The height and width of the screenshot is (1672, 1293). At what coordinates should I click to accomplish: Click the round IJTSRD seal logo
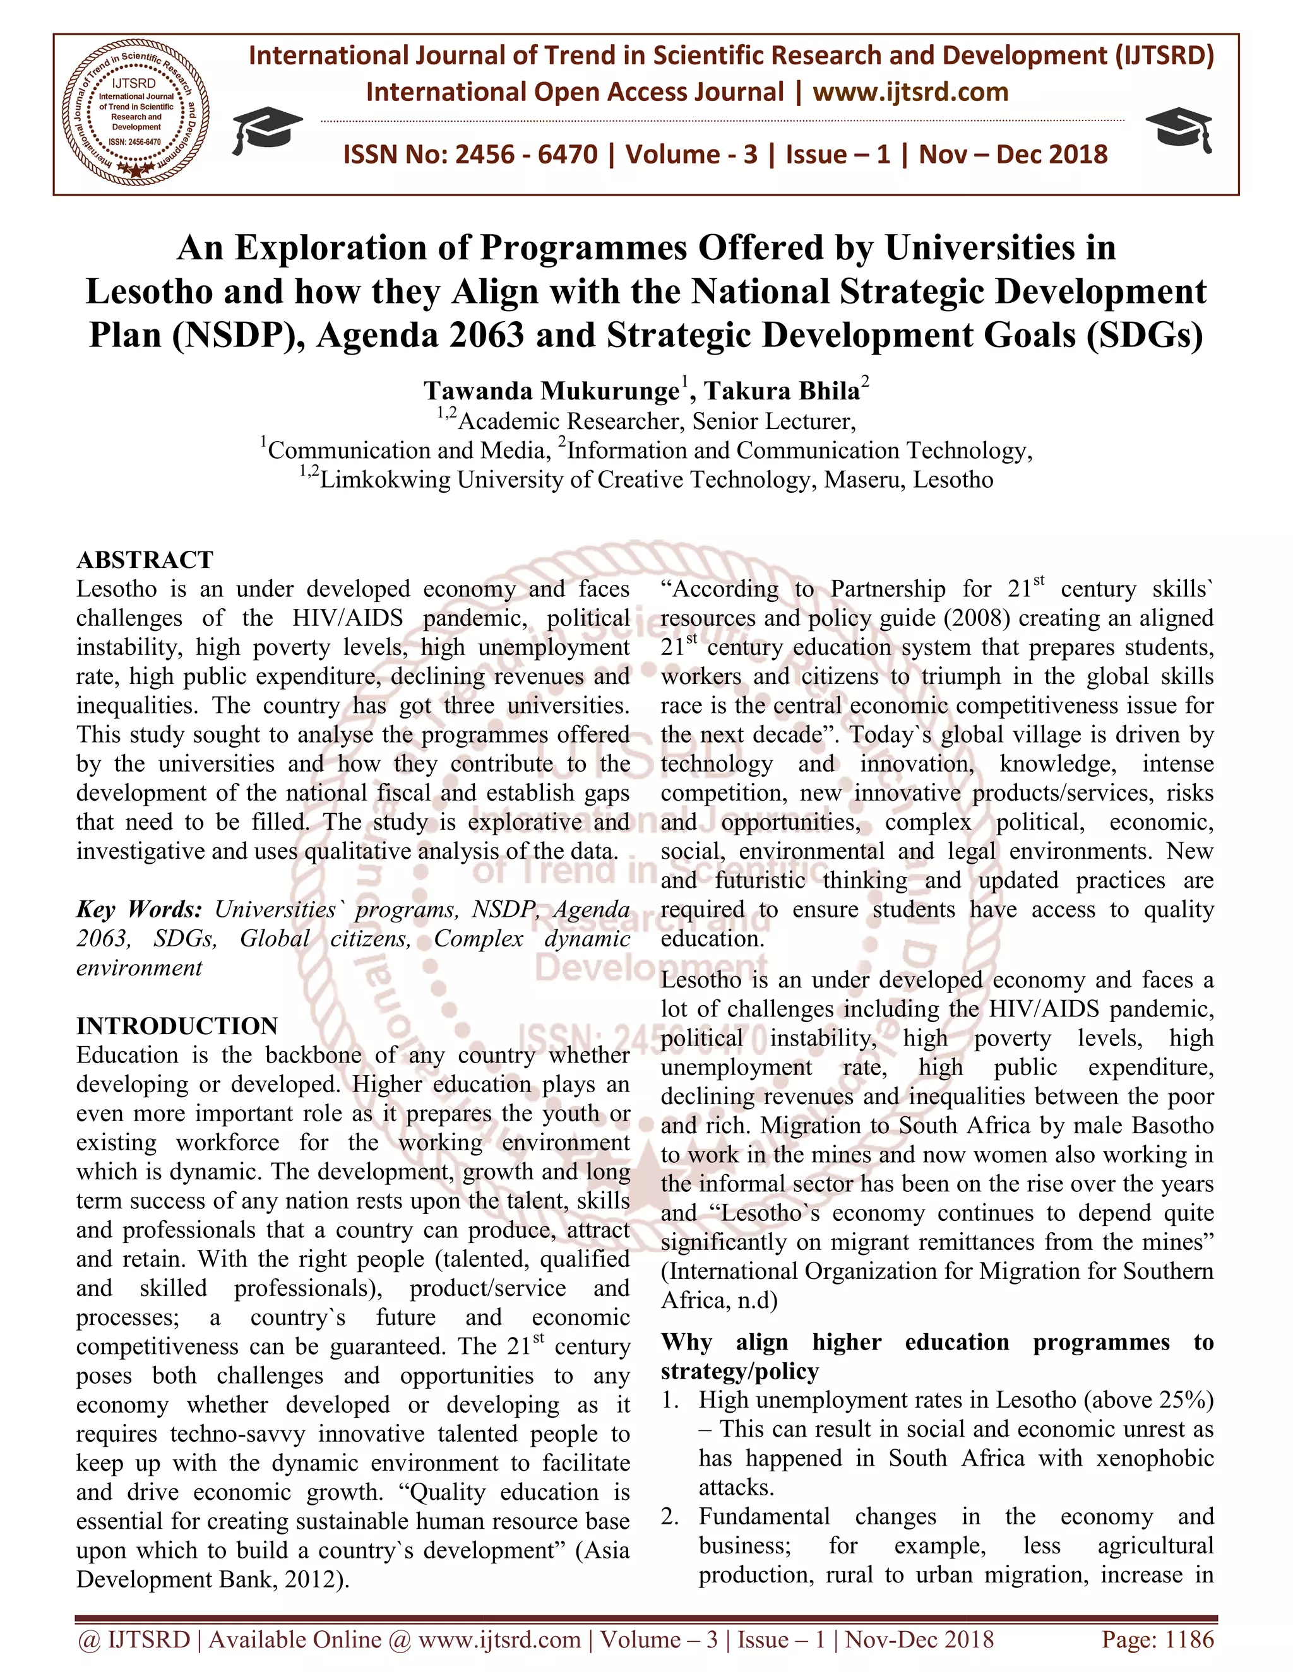tap(136, 114)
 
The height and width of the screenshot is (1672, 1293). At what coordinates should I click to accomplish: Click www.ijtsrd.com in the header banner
tap(910, 93)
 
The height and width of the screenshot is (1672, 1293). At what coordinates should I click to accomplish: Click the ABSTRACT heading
tap(145, 560)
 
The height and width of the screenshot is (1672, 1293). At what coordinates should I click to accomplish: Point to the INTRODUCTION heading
tap(177, 1026)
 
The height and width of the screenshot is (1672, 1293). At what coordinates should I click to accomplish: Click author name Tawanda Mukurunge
tap(552, 391)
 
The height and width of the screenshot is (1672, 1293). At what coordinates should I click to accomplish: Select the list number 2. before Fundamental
tap(670, 1517)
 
